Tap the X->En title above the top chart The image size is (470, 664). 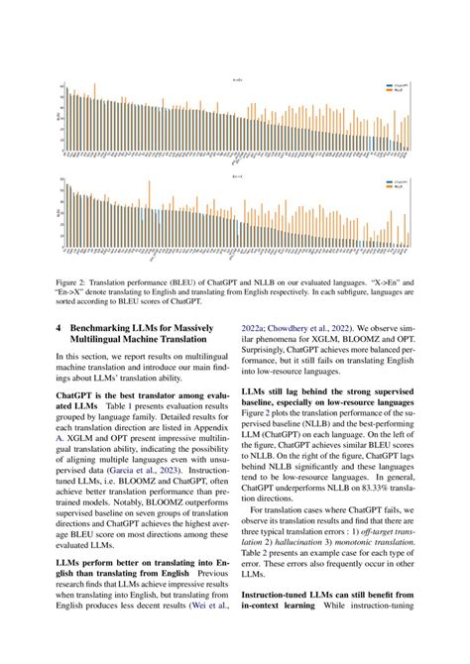(235, 79)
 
